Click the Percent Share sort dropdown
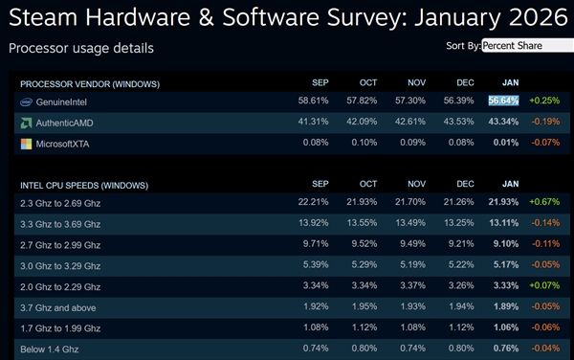pyautogui.click(x=526, y=45)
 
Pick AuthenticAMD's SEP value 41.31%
pyautogui.click(x=314, y=123)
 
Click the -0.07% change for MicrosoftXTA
pyautogui.click(x=544, y=145)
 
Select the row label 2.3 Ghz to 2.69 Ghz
pyautogui.click(x=60, y=203)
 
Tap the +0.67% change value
pyautogui.click(x=544, y=203)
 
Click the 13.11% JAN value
pyautogui.click(x=504, y=224)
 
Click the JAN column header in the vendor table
pyautogui.click(x=511, y=81)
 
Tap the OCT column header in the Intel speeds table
pyautogui.click(x=367, y=184)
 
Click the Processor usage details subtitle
pyautogui.click(x=80, y=48)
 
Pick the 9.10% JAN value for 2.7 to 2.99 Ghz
pyautogui.click(x=506, y=244)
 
